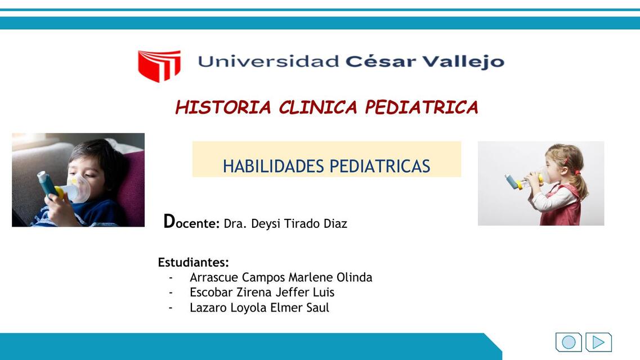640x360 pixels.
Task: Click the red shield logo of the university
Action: coord(159,65)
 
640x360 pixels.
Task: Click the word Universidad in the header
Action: coord(268,61)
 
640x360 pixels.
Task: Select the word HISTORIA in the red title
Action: coord(223,107)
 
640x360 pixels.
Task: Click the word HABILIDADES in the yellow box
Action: coord(274,166)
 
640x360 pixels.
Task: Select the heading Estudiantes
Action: coord(193,262)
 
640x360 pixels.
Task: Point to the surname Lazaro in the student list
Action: coord(208,308)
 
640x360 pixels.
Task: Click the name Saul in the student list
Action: coord(317,308)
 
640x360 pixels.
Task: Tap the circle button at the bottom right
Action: coord(569,342)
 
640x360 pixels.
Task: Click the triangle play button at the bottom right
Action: coord(598,342)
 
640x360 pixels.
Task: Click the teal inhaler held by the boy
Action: coord(46,183)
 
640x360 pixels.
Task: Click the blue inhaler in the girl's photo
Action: coord(511,181)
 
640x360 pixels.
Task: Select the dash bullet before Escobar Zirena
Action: coord(171,292)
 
